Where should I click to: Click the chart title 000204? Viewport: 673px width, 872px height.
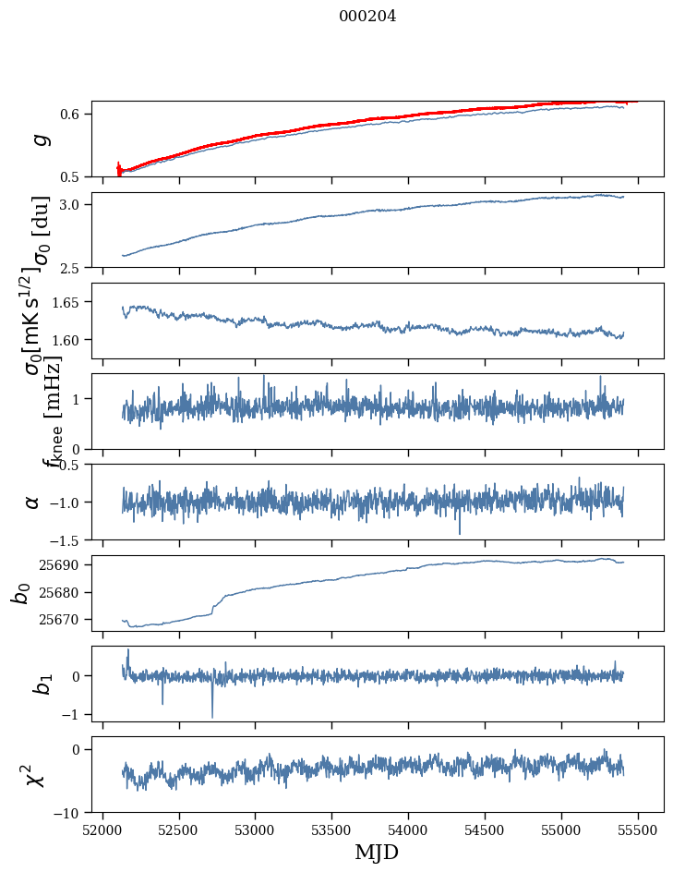click(367, 16)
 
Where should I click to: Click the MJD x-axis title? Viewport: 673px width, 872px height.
click(377, 852)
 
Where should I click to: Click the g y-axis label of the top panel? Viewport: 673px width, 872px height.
click(38, 139)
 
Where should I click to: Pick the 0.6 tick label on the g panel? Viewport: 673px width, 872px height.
click(73, 114)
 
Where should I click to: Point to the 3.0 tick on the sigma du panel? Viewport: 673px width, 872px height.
click(73, 204)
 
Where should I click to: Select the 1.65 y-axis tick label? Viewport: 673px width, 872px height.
click(69, 302)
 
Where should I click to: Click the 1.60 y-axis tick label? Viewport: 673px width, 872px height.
click(69, 340)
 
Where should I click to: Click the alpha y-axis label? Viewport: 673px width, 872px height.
click(34, 502)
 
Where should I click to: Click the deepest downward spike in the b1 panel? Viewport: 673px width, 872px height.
click(212, 717)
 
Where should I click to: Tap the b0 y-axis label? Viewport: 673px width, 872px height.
click(20, 592)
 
